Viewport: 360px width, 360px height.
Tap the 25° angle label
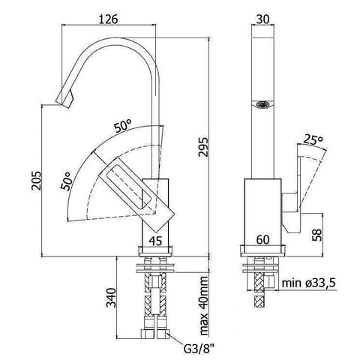tap(314, 139)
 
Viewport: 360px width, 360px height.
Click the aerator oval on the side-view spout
tap(261, 106)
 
